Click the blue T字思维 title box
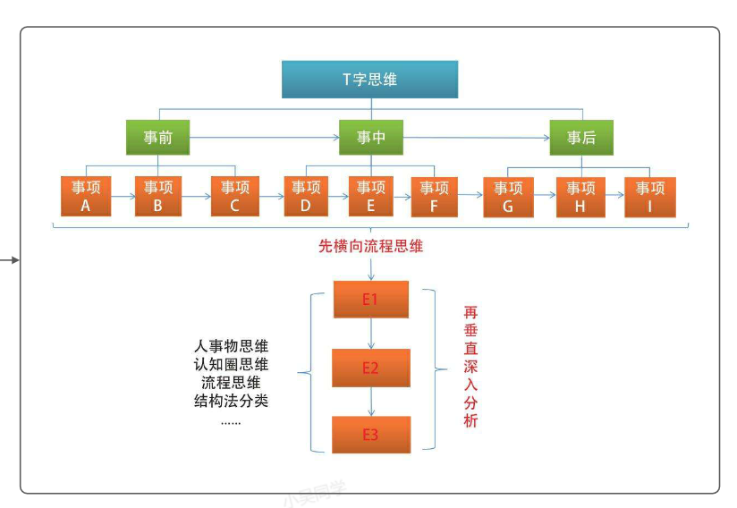point(370,79)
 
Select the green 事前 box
point(157,138)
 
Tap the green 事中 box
point(370,138)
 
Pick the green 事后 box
point(581,138)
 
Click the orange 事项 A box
point(86,196)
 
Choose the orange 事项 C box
point(235,196)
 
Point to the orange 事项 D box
point(306,196)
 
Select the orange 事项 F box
point(435,196)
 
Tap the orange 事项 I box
point(650,196)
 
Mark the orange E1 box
point(370,300)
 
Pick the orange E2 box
point(370,368)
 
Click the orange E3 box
point(370,435)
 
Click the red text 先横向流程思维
point(370,246)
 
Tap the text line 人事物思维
point(232,345)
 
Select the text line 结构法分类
point(232,401)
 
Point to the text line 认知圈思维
point(232,364)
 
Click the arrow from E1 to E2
point(370,334)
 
